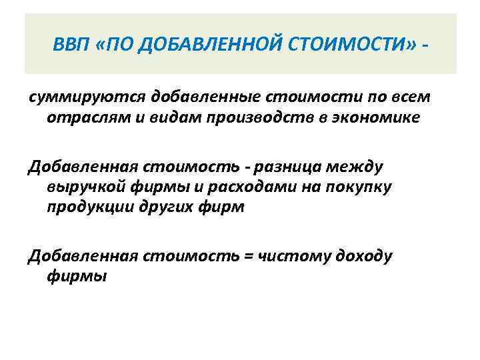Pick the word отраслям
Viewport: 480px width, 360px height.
(75, 118)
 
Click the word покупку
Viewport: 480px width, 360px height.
(360, 187)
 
